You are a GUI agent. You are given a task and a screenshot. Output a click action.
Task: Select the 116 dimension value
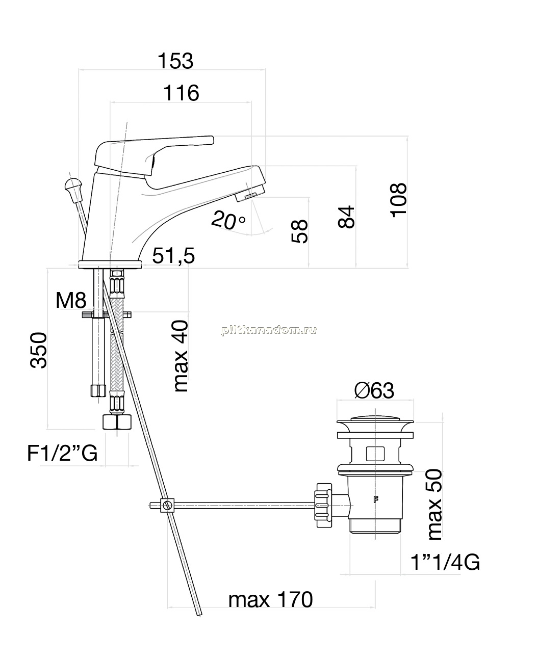(182, 93)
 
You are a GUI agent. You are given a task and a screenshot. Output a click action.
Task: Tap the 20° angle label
(228, 220)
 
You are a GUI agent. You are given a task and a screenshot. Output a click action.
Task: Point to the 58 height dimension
(300, 231)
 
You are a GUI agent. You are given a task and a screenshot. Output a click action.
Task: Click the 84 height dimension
(346, 217)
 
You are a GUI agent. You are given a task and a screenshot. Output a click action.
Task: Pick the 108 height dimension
(398, 200)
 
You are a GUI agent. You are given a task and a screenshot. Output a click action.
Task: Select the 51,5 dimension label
(173, 255)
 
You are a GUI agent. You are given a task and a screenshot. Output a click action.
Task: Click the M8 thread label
(71, 300)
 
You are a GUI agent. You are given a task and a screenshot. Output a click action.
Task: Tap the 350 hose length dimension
(38, 350)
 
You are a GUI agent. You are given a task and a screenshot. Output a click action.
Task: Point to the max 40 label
(181, 356)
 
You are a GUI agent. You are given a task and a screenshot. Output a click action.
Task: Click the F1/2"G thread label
(62, 453)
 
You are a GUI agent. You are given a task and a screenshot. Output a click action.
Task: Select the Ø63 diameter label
(374, 390)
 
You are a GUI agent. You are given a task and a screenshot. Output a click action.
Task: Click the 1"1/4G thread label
(445, 562)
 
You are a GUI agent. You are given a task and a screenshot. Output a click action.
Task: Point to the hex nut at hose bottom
(117, 422)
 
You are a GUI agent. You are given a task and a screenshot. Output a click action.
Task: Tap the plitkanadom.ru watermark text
(269, 330)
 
